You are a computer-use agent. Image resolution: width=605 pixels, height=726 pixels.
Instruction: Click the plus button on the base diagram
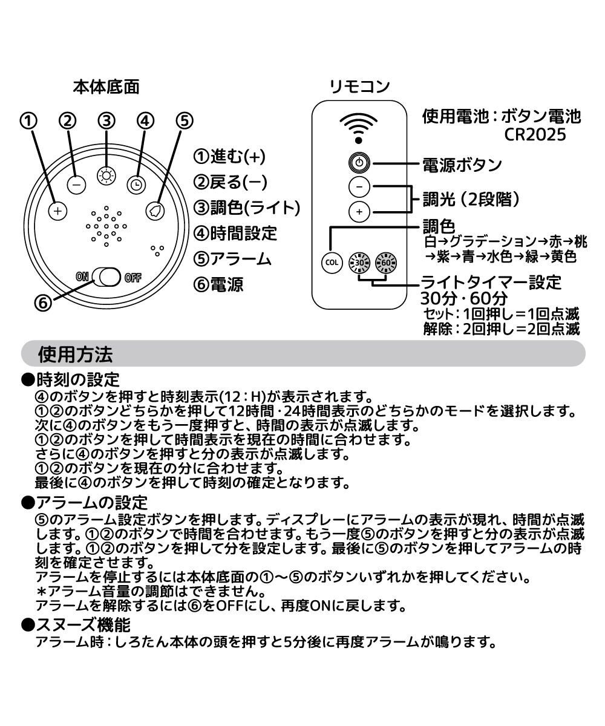click(x=57, y=211)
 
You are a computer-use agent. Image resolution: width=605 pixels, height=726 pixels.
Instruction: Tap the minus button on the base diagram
click(x=76, y=185)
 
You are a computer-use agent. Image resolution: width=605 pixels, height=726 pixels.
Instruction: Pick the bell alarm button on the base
click(x=155, y=211)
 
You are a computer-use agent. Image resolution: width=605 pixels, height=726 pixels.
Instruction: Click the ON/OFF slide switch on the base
click(x=108, y=278)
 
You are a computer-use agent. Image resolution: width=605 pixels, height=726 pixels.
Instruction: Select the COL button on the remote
click(x=331, y=263)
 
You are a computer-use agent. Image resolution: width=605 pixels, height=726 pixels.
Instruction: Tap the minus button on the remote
click(x=359, y=187)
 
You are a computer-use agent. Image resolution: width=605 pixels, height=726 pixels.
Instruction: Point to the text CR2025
click(x=535, y=134)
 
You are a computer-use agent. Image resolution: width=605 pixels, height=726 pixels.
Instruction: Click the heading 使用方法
click(x=74, y=353)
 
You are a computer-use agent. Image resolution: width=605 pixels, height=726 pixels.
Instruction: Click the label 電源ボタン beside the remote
click(x=462, y=164)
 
